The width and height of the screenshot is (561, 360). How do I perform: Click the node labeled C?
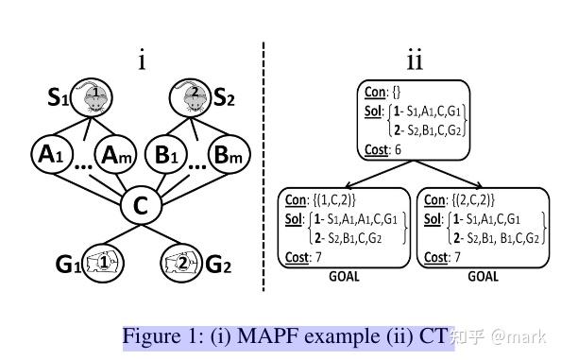tap(139, 206)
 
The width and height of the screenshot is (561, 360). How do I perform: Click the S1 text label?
tap(59, 97)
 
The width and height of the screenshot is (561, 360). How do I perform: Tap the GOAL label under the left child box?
tap(345, 279)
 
